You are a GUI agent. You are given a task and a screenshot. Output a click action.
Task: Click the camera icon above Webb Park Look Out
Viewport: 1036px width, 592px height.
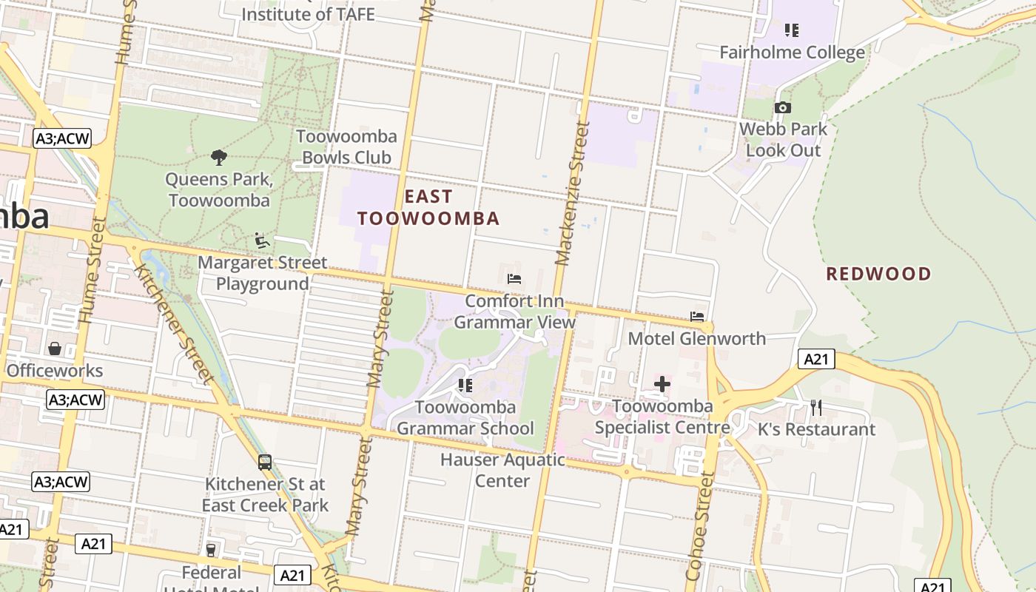pyautogui.click(x=782, y=108)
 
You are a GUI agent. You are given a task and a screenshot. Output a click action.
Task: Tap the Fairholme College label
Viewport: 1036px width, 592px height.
pyautogui.click(x=792, y=53)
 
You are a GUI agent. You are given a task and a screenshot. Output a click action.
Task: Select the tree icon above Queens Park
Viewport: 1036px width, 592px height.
pyautogui.click(x=218, y=157)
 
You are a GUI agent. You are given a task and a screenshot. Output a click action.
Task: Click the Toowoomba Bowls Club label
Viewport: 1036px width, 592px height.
pyautogui.click(x=346, y=147)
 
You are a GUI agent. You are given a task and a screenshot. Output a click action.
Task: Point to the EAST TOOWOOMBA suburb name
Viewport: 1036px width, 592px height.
pyautogui.click(x=428, y=207)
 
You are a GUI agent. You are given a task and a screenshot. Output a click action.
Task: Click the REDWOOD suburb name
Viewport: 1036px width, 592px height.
pyautogui.click(x=878, y=274)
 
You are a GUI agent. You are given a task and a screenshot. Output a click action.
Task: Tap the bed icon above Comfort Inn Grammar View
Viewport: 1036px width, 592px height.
pyautogui.click(x=514, y=279)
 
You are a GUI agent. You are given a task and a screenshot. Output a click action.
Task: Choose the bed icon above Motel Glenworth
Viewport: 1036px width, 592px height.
pyautogui.click(x=697, y=317)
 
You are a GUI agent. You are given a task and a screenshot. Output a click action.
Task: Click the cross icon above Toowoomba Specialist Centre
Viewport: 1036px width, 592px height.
pyautogui.click(x=662, y=384)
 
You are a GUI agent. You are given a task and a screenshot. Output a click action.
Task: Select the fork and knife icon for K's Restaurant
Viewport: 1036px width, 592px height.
pyautogui.click(x=816, y=408)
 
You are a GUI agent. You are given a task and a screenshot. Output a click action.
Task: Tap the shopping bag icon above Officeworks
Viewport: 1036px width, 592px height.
pyautogui.click(x=55, y=349)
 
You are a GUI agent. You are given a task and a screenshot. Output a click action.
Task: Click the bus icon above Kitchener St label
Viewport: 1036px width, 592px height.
pyautogui.click(x=265, y=462)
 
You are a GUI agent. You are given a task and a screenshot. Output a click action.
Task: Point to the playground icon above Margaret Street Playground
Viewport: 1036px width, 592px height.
pyautogui.click(x=262, y=240)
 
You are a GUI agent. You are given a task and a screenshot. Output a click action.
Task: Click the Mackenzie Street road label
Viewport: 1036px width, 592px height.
pyautogui.click(x=572, y=194)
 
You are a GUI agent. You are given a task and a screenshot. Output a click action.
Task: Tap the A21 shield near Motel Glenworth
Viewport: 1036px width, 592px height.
pyautogui.click(x=816, y=360)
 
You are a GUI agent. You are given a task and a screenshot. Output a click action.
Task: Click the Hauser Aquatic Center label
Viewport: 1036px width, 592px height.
pyautogui.click(x=502, y=470)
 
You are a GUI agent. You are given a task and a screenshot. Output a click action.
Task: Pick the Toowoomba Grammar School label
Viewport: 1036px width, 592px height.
pyautogui.click(x=465, y=417)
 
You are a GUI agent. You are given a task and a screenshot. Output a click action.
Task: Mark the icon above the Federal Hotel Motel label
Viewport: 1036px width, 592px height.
pyautogui.click(x=211, y=550)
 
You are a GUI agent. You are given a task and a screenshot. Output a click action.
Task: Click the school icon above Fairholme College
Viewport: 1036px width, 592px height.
pyautogui.click(x=792, y=30)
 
